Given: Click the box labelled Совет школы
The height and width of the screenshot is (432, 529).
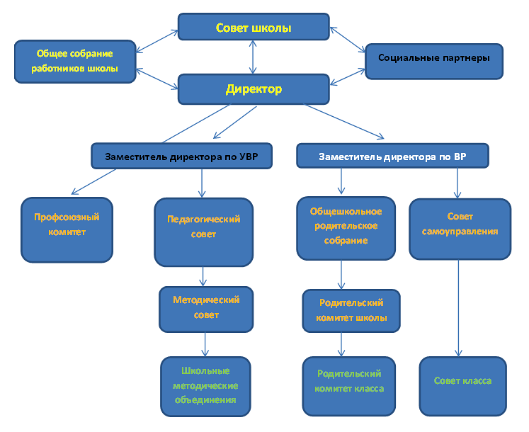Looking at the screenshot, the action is click(x=254, y=27).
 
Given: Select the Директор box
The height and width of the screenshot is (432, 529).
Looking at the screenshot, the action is click(x=254, y=89).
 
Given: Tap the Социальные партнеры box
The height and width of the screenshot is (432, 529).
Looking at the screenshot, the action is click(x=434, y=62).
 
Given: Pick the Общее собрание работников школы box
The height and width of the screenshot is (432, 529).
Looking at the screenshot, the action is click(x=75, y=62).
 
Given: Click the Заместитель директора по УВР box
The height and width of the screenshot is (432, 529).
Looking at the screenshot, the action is click(x=182, y=156).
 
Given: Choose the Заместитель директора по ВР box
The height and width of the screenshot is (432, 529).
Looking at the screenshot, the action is click(x=393, y=156).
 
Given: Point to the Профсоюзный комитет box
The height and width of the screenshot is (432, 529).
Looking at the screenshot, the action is click(x=67, y=230).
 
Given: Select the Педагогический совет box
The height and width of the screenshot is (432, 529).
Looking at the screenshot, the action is click(x=204, y=232).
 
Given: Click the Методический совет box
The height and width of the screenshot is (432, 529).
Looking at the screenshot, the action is click(x=206, y=309).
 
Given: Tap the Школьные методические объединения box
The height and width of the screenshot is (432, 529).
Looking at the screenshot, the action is click(x=205, y=387).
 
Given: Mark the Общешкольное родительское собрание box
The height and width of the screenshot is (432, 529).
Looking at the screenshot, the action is click(x=346, y=229).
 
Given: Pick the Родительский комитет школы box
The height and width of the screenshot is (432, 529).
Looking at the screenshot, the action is click(x=351, y=311).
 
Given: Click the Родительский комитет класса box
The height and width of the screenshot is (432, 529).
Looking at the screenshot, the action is click(x=349, y=386).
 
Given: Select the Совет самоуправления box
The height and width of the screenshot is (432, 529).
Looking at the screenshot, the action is click(x=460, y=229).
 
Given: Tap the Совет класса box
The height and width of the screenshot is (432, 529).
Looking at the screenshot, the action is click(x=463, y=386).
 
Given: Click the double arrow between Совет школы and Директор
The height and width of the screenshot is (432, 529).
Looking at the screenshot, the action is click(x=253, y=57).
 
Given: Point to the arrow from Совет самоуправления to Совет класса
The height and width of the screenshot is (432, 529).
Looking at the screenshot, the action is click(x=458, y=308).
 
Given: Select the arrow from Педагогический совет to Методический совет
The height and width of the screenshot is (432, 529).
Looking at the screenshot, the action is click(x=203, y=276).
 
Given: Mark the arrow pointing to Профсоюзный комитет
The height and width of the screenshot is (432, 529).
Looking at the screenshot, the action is click(x=93, y=182).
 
